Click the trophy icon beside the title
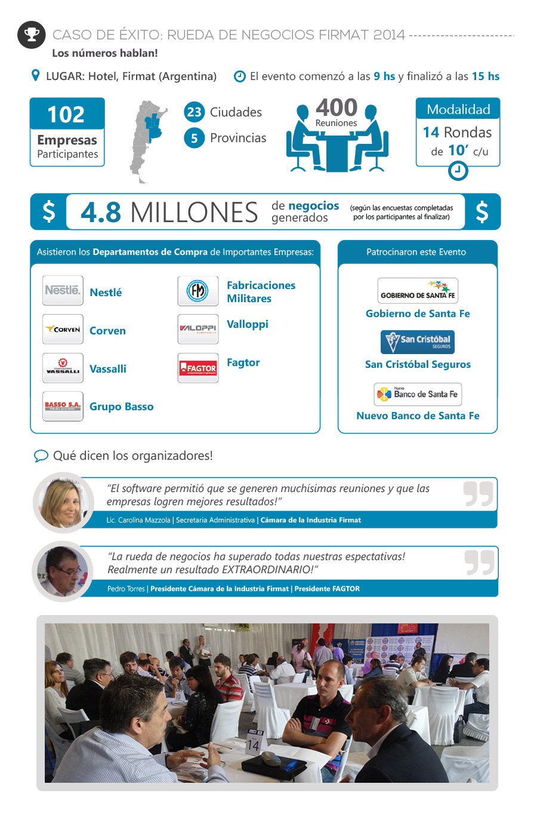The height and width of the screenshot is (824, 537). pyautogui.click(x=32, y=35)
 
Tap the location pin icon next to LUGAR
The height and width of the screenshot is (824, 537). pyautogui.click(x=35, y=76)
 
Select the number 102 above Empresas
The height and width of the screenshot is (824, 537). pyautogui.click(x=66, y=114)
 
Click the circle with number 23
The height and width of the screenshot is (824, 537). pyautogui.click(x=194, y=112)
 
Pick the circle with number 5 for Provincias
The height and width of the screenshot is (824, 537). pyautogui.click(x=194, y=138)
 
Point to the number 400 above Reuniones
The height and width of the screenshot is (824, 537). pyautogui.click(x=337, y=108)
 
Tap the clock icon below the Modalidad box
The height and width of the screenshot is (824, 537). pyautogui.click(x=458, y=171)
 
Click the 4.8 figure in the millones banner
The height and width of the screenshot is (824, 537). pyautogui.click(x=101, y=213)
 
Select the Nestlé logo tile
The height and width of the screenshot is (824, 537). pyautogui.click(x=63, y=291)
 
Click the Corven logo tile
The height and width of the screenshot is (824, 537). pyautogui.click(x=63, y=329)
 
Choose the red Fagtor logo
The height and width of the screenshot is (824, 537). pyautogui.click(x=198, y=368)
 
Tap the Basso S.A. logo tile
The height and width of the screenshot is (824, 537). pyautogui.click(x=63, y=406)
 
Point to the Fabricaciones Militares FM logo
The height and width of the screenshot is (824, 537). pyautogui.click(x=198, y=291)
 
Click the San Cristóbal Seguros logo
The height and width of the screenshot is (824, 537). pyautogui.click(x=418, y=342)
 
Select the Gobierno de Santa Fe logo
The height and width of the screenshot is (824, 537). pyautogui.click(x=418, y=291)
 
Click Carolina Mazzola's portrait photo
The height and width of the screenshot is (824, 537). pyautogui.click(x=63, y=502)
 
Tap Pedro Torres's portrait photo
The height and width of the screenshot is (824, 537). pyautogui.click(x=63, y=571)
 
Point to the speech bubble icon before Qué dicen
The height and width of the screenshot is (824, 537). pyautogui.click(x=41, y=456)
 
